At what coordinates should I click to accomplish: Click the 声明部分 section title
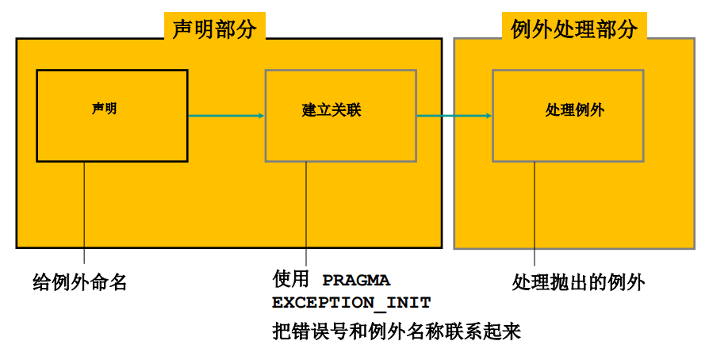tap(214, 29)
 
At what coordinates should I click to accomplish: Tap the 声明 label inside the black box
tap(104, 109)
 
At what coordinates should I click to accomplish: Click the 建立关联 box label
tap(332, 110)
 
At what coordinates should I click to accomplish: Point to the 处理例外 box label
tap(574, 110)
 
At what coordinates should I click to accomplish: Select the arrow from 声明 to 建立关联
tap(226, 117)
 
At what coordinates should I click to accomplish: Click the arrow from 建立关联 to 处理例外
tap(454, 117)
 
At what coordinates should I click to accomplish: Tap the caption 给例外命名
tap(80, 281)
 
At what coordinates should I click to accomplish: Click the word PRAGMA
tap(356, 281)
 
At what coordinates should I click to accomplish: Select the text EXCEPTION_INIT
tap(351, 303)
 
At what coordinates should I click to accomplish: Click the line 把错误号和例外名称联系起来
tap(396, 331)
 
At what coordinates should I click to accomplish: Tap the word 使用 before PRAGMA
tap(289, 280)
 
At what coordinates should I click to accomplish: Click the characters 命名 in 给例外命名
tap(112, 281)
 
